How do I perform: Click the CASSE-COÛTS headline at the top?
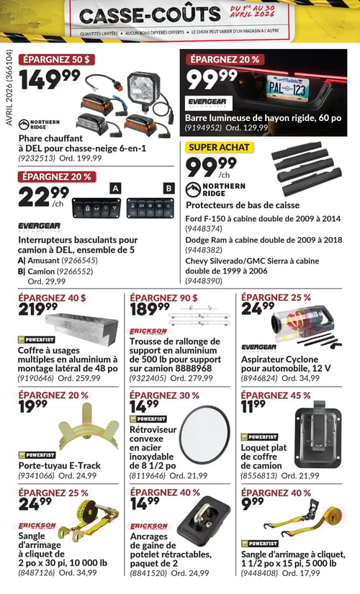click(150, 15)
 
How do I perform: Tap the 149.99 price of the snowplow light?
click(50, 80)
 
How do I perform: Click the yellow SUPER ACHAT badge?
click(220, 147)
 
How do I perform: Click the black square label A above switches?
click(115, 188)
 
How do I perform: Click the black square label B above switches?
click(168, 188)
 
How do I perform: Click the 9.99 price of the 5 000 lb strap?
click(253, 505)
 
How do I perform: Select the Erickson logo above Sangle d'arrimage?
click(37, 526)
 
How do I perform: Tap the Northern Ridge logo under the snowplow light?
click(39, 125)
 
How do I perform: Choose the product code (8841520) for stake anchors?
click(148, 573)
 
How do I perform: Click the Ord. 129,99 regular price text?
click(247, 127)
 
